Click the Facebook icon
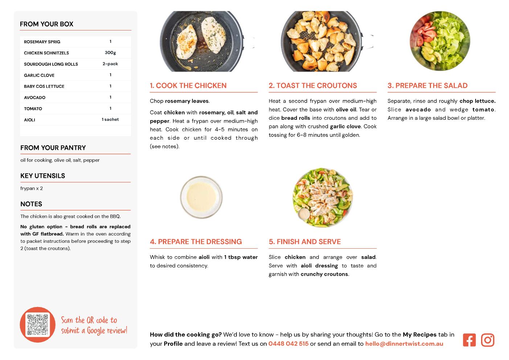point(469,340)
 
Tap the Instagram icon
point(488,340)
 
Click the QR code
point(38,325)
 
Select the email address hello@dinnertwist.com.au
point(404,344)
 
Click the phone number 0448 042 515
point(288,344)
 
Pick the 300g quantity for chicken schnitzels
point(110,53)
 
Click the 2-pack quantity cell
point(110,64)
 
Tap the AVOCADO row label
point(35,98)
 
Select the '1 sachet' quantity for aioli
point(110,119)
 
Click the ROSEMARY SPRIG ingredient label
point(42,42)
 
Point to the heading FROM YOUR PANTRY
point(53,148)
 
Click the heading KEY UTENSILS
point(43,176)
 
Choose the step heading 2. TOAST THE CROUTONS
point(313,85)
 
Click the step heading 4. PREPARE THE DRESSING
point(196,242)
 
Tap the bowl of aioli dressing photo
point(201,197)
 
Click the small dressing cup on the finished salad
point(303,214)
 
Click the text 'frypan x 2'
point(32,188)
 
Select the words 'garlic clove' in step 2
point(345,126)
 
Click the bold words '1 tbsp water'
point(241,257)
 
